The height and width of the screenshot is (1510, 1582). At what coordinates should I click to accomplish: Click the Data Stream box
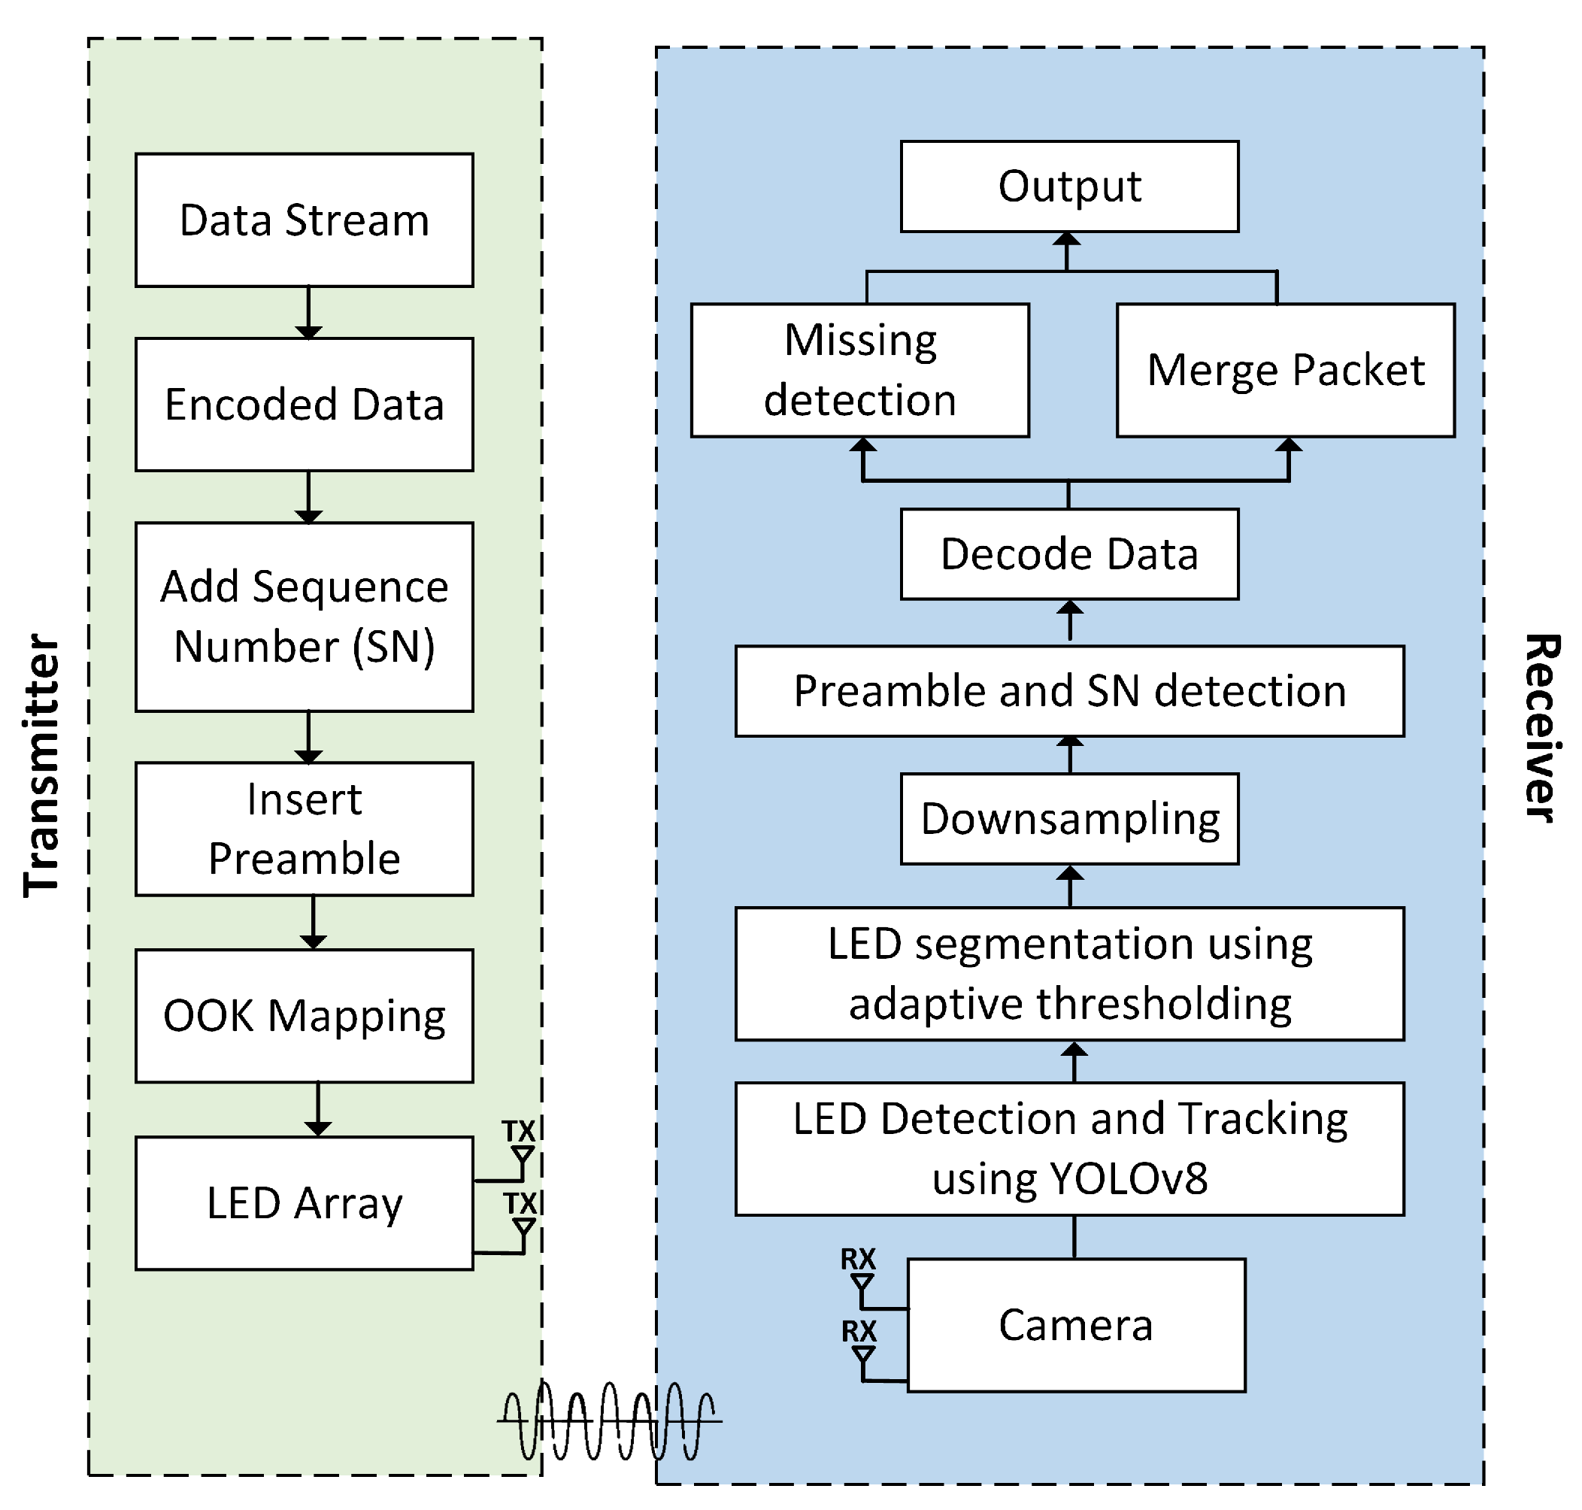point(305,220)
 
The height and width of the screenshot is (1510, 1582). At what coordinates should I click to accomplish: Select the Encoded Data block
point(305,404)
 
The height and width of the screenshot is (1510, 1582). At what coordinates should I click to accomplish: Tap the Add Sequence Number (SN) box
point(305,617)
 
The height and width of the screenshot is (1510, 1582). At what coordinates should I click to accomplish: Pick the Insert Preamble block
point(305,828)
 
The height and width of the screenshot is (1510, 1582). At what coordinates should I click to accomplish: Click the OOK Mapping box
point(305,1015)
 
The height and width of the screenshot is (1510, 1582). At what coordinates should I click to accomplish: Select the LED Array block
point(305,1202)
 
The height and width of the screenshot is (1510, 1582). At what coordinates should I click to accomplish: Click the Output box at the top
point(1068,186)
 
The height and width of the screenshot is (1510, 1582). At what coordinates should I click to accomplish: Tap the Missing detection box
point(859,370)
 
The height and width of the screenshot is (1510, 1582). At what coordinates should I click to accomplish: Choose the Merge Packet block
point(1285,370)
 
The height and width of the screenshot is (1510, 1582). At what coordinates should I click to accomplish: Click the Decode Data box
point(1068,553)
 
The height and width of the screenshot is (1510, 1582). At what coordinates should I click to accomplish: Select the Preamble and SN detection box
point(1068,690)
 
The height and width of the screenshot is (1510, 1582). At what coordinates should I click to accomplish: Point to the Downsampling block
point(1068,819)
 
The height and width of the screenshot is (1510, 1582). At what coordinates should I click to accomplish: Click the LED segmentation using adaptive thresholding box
point(1068,973)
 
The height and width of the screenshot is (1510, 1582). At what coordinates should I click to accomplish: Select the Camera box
point(1076,1324)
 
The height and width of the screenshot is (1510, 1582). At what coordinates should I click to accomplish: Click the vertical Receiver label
point(1541,729)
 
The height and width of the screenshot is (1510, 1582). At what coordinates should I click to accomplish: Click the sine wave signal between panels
point(608,1421)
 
